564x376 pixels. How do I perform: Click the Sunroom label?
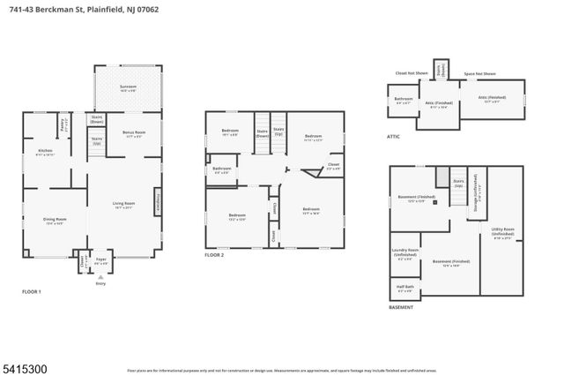(x=128, y=86)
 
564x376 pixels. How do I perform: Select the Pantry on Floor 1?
(x=63, y=124)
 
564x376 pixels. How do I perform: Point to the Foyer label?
(x=101, y=262)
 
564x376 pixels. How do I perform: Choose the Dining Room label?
(x=56, y=222)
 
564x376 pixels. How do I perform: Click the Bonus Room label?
(x=134, y=135)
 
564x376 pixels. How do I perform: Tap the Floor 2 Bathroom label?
(x=223, y=170)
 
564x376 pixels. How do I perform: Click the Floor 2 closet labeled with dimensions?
(x=333, y=166)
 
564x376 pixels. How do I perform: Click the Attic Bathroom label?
(x=404, y=101)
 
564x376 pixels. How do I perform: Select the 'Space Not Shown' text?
(x=479, y=74)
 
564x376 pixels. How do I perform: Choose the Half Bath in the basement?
(x=404, y=290)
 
